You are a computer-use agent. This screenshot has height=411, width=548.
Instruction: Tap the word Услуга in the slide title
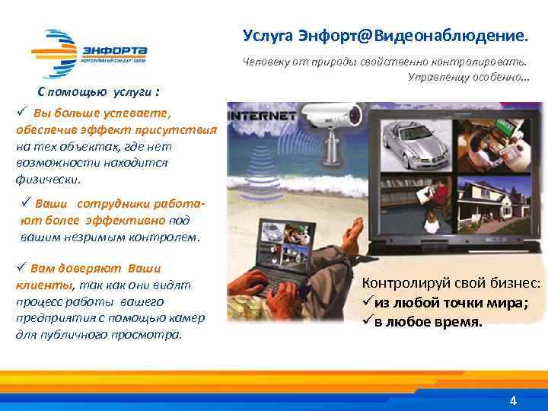[x=269, y=35]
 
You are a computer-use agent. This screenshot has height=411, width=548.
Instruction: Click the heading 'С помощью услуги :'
[x=99, y=92]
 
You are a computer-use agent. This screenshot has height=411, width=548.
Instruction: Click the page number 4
[x=513, y=400]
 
